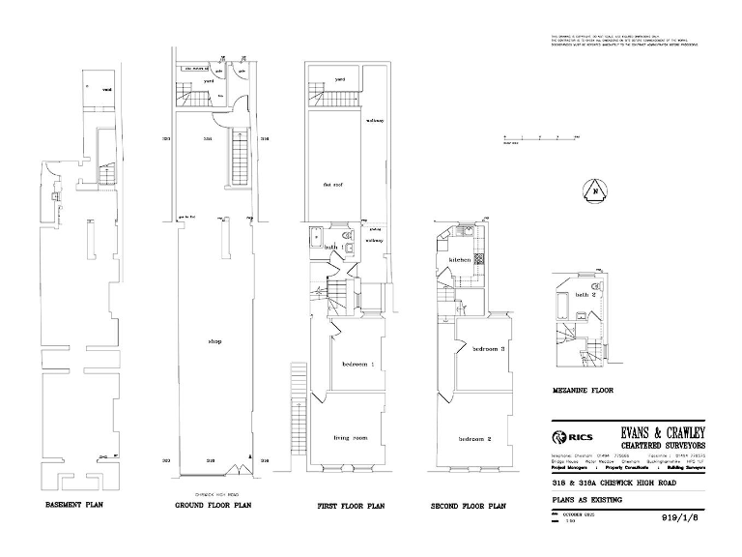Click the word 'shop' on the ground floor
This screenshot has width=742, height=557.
[214, 341]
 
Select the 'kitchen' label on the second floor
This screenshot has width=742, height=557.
[458, 261]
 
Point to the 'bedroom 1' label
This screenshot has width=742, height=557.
[357, 364]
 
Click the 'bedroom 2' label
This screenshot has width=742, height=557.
[476, 439]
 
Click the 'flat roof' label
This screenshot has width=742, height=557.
[333, 182]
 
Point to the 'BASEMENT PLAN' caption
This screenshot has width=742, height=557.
[74, 505]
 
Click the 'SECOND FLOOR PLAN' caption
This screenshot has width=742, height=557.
[469, 506]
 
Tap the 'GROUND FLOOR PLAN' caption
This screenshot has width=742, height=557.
[214, 506]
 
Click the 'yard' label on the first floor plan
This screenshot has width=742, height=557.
[340, 79]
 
